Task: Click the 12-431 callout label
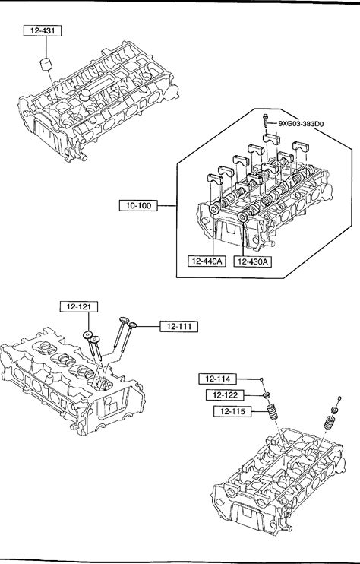coord(43,31)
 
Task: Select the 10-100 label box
coord(138,206)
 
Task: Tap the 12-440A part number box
coord(207,261)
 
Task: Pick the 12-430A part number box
coord(253,261)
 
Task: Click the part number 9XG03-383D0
coord(301,124)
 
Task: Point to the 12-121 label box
coord(79,307)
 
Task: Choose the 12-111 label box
coord(179,326)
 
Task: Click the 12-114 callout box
coord(218,379)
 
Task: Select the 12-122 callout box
coord(225,395)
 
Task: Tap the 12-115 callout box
coord(232,411)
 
